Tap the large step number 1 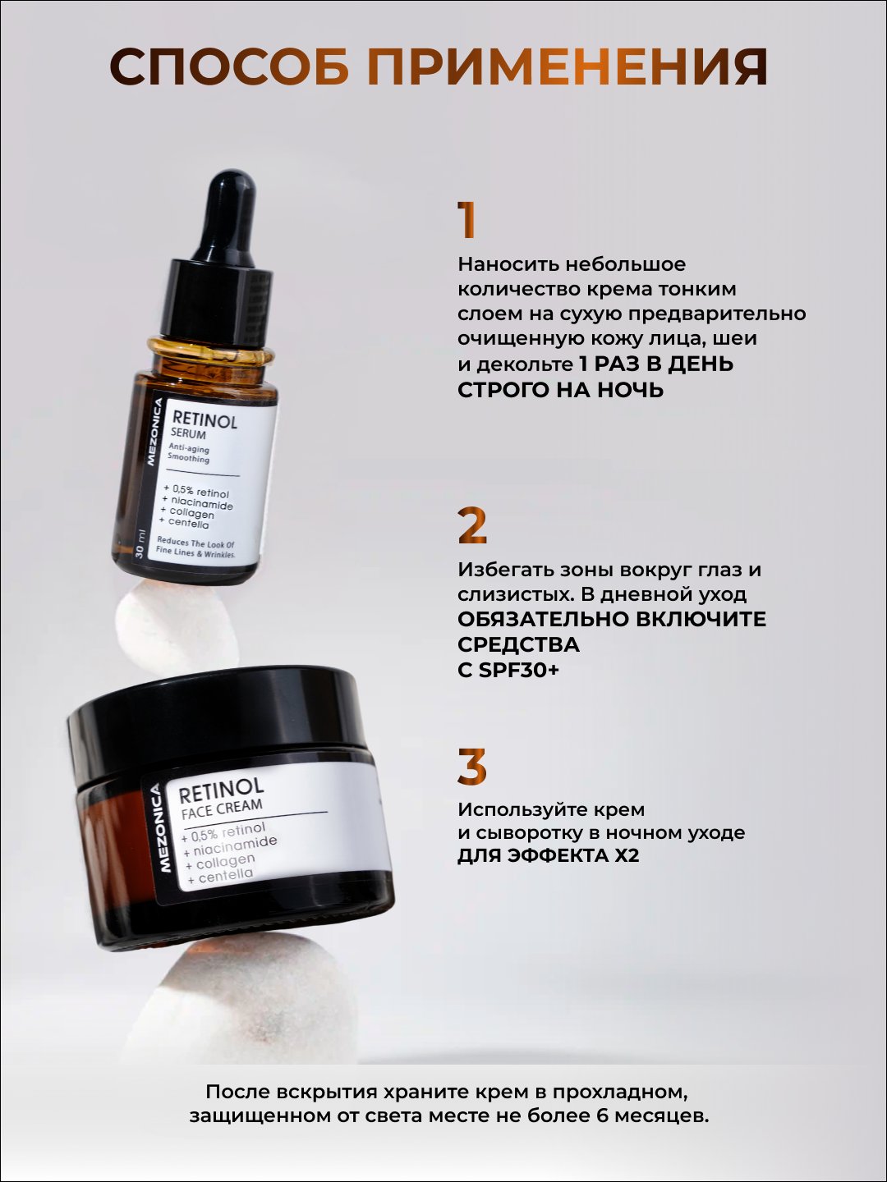(x=466, y=220)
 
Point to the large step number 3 (x=471, y=767)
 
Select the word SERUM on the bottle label (x=189, y=433)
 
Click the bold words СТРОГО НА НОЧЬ (x=560, y=390)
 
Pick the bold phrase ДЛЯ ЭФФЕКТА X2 (x=549, y=855)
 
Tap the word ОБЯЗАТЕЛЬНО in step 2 (x=543, y=619)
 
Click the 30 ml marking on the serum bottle (x=140, y=544)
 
